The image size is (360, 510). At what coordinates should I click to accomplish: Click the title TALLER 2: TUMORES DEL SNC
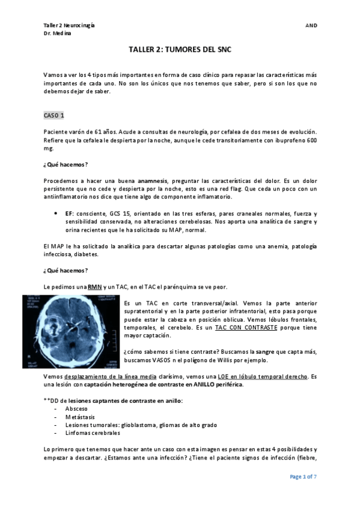(180, 52)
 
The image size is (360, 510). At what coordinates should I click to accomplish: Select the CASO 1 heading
(58, 115)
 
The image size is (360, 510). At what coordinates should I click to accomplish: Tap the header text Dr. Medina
(57, 34)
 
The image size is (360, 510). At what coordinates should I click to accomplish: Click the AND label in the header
(311, 25)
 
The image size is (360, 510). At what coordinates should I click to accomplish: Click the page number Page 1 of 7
(303, 476)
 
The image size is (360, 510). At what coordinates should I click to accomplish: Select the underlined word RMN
(95, 287)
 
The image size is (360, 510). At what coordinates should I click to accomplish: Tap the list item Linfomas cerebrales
(92, 432)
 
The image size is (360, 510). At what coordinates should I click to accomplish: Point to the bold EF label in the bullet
(69, 214)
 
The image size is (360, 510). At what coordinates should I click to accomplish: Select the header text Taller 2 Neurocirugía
(68, 25)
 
